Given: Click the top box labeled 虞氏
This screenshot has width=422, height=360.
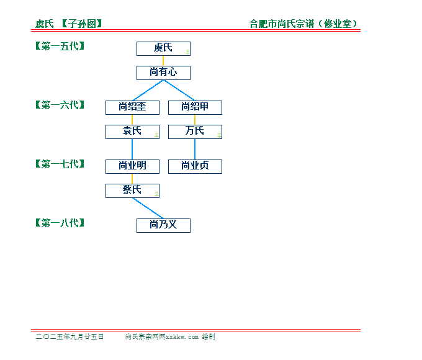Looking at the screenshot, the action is [x=163, y=49].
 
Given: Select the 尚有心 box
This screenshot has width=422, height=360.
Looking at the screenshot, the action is [x=163, y=73].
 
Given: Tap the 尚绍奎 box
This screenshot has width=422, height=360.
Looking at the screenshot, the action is [x=132, y=108].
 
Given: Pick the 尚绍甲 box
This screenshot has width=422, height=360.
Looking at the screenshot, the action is [x=195, y=108].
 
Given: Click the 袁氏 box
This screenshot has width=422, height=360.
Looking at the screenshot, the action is [x=132, y=132].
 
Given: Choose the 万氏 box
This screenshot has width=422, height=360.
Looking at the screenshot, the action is [x=195, y=132].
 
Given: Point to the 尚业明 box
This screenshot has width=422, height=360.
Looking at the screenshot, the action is [x=132, y=167].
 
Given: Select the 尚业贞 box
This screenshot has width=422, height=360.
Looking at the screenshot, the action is [x=195, y=167].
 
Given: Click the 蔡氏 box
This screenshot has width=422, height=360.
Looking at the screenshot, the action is [x=132, y=191].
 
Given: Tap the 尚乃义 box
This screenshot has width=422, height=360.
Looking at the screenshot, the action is [x=163, y=226].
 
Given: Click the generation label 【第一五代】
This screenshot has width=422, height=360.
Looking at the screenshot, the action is [x=60, y=46].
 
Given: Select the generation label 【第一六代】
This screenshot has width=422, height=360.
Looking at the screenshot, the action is [x=60, y=105].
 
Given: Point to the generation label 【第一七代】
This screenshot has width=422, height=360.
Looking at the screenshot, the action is [x=60, y=164].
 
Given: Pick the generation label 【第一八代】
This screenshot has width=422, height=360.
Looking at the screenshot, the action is [x=60, y=223].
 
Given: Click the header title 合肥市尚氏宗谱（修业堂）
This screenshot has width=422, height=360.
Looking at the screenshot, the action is [x=303, y=24].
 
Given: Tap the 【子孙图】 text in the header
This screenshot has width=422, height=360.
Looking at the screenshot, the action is [x=82, y=24].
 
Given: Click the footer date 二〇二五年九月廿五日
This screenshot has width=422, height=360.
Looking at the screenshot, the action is [x=70, y=336].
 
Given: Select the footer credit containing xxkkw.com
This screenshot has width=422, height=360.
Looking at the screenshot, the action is [x=170, y=336].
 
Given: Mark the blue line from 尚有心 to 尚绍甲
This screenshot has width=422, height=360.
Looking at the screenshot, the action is [x=179, y=91].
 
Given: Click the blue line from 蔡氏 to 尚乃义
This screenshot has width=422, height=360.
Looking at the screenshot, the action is [x=148, y=209].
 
